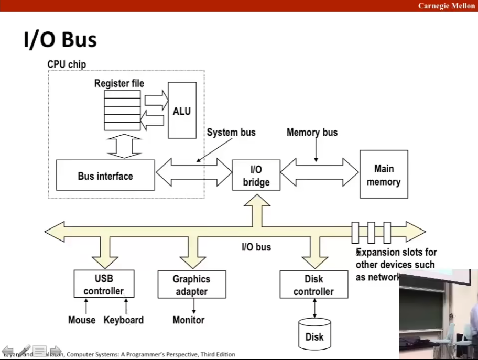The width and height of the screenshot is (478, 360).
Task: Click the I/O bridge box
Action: (256, 176)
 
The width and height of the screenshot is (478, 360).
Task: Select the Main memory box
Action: (384, 175)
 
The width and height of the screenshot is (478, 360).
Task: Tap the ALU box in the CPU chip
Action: (182, 111)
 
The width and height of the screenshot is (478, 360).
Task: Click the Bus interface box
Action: (105, 176)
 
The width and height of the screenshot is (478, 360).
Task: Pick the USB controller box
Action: (104, 284)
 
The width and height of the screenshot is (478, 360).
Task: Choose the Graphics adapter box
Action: (191, 285)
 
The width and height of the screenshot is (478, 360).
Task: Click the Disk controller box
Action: (313, 285)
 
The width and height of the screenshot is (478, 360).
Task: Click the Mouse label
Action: (82, 320)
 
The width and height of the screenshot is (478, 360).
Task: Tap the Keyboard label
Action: (124, 320)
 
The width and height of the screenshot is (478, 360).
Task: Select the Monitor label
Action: (189, 320)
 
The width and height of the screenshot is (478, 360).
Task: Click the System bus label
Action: (231, 132)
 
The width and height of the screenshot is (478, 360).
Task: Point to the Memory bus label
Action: (312, 132)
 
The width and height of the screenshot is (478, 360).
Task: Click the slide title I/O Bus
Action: (60, 40)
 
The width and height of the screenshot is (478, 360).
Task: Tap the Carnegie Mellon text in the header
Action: (447, 6)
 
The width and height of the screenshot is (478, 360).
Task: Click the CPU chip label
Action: (67, 64)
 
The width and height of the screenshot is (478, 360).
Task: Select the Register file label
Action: (119, 83)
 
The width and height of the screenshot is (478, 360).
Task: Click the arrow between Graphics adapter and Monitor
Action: (194, 306)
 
